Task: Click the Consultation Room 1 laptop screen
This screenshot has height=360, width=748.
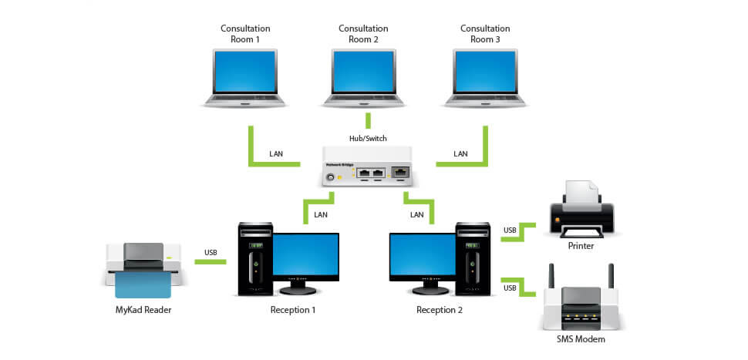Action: (245, 71)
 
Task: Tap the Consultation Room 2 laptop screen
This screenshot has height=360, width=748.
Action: (363, 71)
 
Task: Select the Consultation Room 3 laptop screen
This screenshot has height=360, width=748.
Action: (486, 71)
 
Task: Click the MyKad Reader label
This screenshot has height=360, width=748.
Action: (143, 310)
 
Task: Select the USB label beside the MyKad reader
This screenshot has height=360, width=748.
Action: (211, 252)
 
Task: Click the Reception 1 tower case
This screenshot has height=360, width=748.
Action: (255, 259)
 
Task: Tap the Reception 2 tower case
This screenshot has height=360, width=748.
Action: (473, 259)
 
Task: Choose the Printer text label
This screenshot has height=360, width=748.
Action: (581, 246)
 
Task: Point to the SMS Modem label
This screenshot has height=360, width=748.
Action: (581, 339)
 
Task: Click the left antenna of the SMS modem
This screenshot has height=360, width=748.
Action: (551, 276)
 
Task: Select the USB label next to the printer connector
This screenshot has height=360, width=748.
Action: (510, 230)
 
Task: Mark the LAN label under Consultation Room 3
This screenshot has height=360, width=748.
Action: (460, 153)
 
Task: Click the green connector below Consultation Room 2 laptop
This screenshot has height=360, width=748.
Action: (368, 120)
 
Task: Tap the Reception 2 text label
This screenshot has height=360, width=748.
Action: (440, 310)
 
